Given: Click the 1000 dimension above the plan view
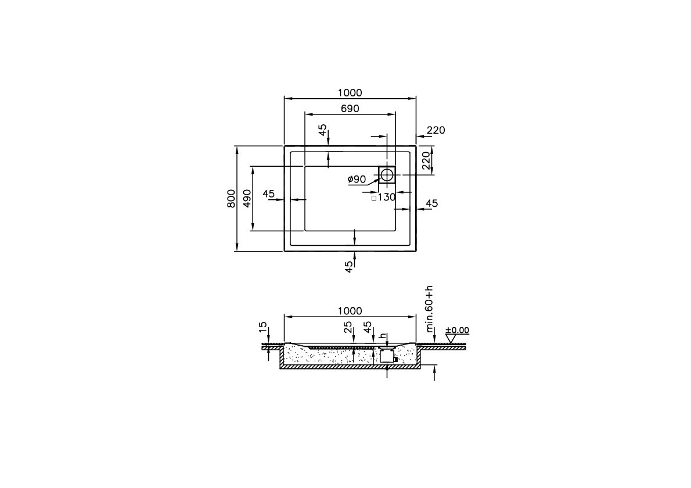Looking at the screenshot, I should point(350,93).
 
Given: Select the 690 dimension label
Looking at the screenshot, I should point(350,109).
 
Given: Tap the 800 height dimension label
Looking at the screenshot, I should point(231,199).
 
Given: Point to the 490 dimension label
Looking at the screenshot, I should point(247,199).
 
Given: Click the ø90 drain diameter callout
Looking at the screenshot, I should point(357,180).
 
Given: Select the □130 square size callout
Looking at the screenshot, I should point(384,198).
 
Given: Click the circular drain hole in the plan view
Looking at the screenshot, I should point(387,174).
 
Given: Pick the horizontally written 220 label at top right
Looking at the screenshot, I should point(436,131).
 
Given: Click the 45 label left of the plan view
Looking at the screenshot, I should point(268,194).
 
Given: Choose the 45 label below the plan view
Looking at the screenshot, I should point(348,267).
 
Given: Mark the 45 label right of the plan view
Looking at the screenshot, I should point(432,203).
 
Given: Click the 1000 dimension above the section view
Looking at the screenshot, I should point(350,311).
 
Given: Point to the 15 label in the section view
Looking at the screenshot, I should point(264,328).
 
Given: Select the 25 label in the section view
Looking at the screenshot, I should point(348,328).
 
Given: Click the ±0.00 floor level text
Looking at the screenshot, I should point(457,331).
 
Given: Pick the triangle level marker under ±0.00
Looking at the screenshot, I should point(450,339).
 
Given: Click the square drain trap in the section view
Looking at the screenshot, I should point(387,357).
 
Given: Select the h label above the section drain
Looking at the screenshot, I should point(382,336).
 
